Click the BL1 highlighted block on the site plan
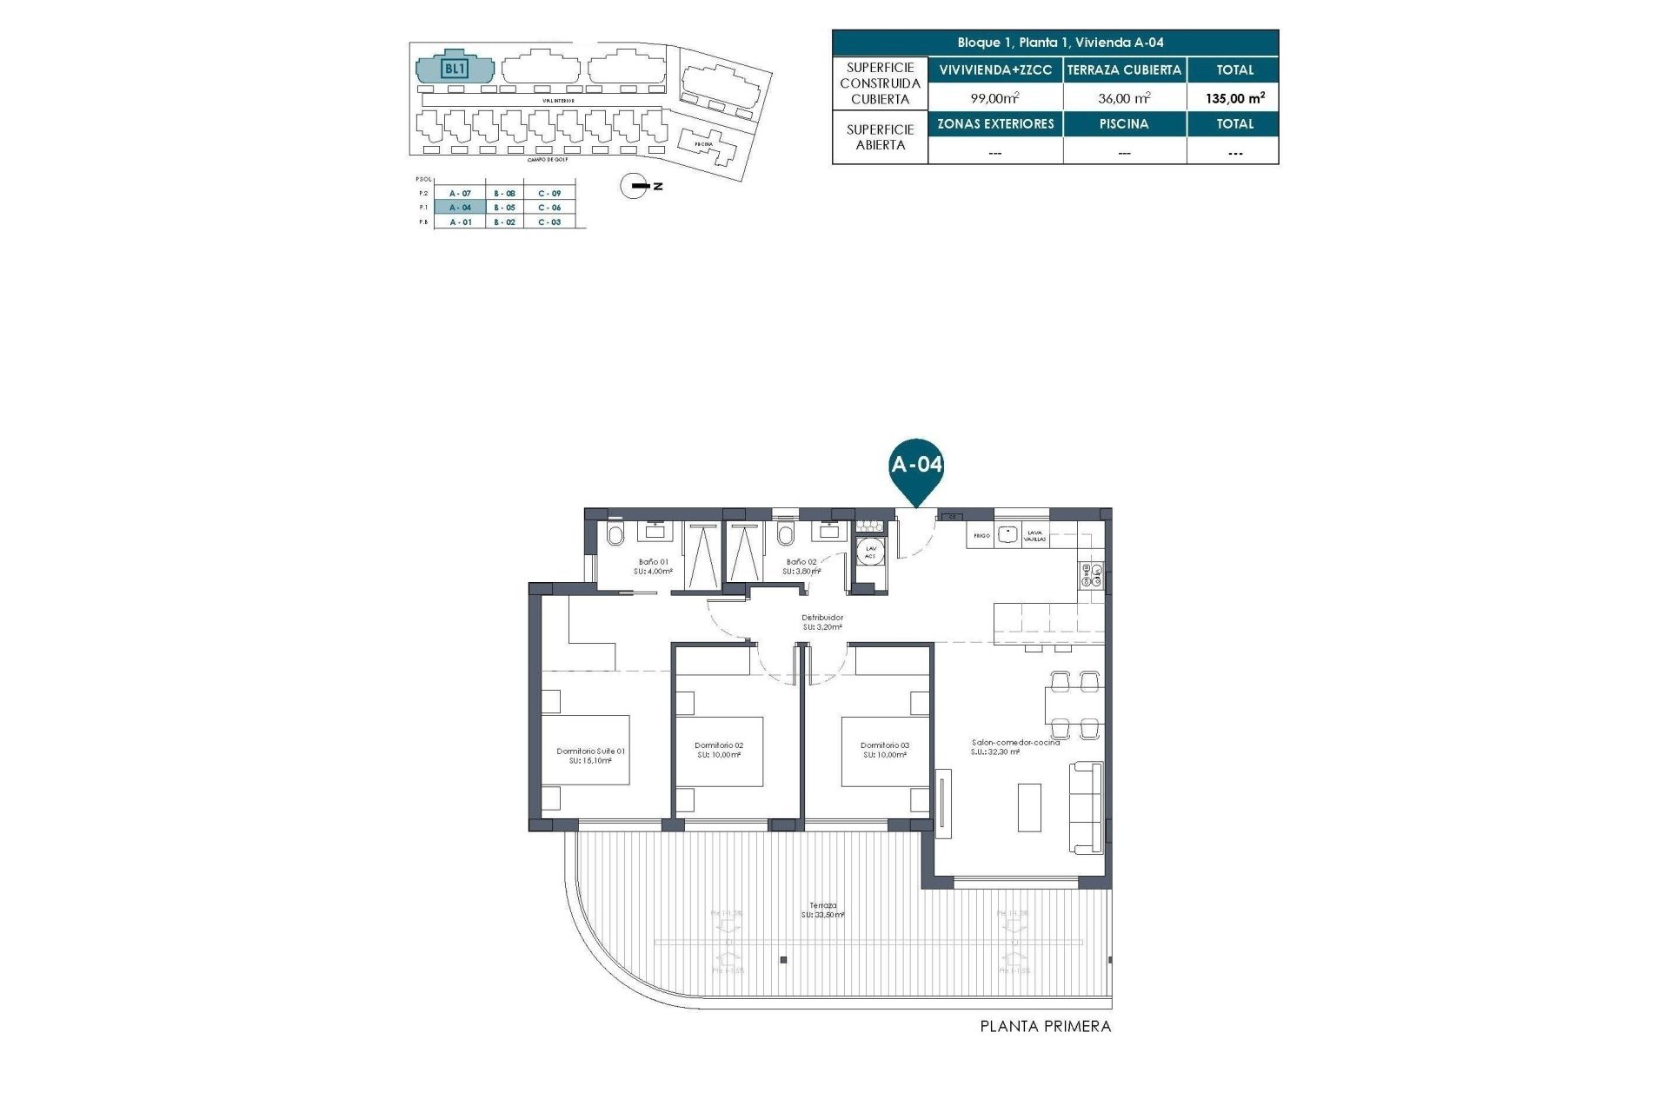tap(455, 69)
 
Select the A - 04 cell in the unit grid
tap(460, 208)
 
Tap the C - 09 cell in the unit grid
tap(549, 194)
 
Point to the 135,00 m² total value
tap(1233, 98)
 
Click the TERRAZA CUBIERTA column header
tap(1124, 70)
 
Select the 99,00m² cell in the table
tap(994, 98)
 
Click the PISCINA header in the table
tap(1124, 124)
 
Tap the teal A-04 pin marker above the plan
tap(916, 467)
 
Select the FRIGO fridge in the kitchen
tap(981, 536)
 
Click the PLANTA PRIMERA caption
tap(1045, 1027)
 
